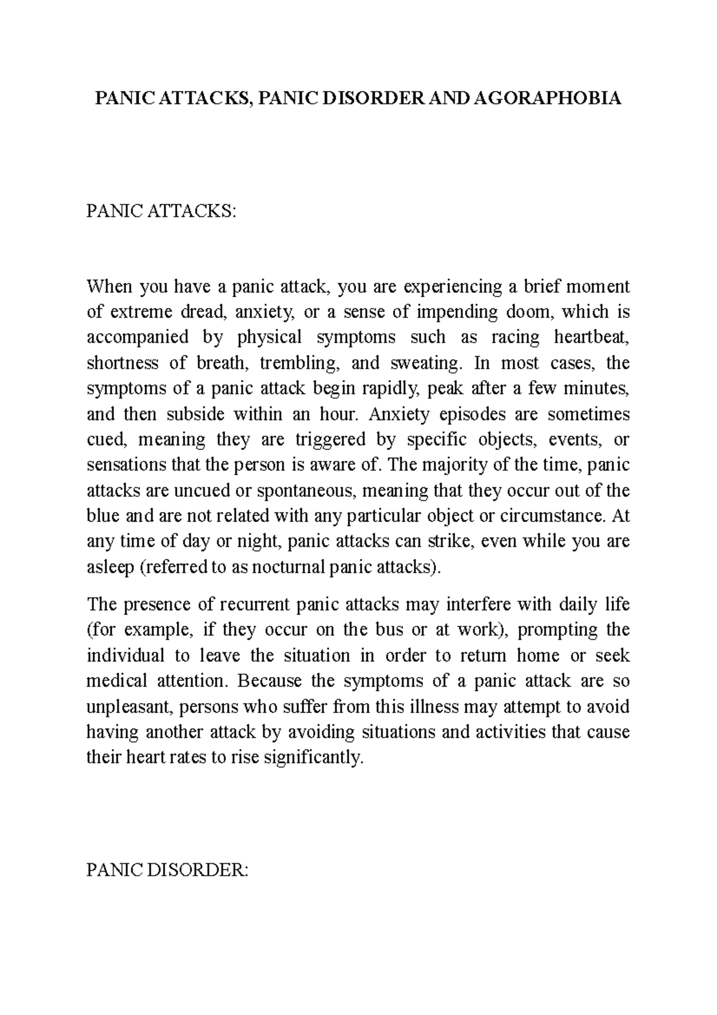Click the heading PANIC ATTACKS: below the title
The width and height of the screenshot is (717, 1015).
[161, 211]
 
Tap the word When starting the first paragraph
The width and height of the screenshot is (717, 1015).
[109, 287]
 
